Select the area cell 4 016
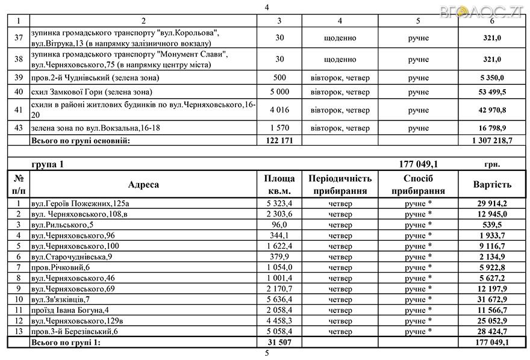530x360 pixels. pos(279,110)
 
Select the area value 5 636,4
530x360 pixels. pos(279,299)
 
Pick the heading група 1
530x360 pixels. pos(47,164)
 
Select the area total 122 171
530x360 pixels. pos(279,140)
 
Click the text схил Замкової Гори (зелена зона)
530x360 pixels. pos(91,92)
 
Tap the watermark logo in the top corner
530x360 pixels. pos(493,10)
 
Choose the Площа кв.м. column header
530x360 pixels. pos(279,185)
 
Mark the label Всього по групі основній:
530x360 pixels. pos(81,140)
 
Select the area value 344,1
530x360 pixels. pos(279,235)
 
